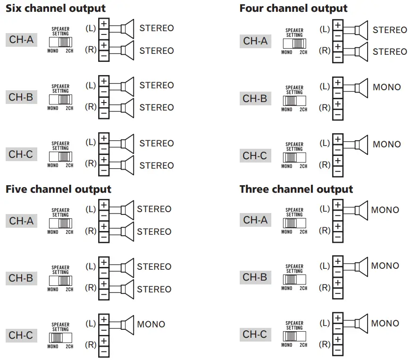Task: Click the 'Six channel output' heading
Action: [56, 8]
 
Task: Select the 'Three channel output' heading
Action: [296, 189]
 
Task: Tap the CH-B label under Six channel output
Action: [21, 97]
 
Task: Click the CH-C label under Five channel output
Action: [21, 335]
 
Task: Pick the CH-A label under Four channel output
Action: [255, 41]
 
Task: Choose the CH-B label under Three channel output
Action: [255, 277]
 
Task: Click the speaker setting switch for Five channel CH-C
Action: [60, 338]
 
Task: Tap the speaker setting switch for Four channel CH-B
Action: [294, 101]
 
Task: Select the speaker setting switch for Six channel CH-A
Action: [60, 42]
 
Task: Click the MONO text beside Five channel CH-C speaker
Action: [151, 324]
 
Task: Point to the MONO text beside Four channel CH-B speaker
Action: [386, 87]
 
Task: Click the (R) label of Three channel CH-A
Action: [325, 231]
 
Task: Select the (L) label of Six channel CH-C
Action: [91, 142]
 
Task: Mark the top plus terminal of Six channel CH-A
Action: [104, 24]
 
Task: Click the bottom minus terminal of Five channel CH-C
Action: [104, 351]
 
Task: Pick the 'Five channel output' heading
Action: [59, 189]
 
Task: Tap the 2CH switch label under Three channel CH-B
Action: [303, 288]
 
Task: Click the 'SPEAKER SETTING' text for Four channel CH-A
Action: [294, 33]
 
